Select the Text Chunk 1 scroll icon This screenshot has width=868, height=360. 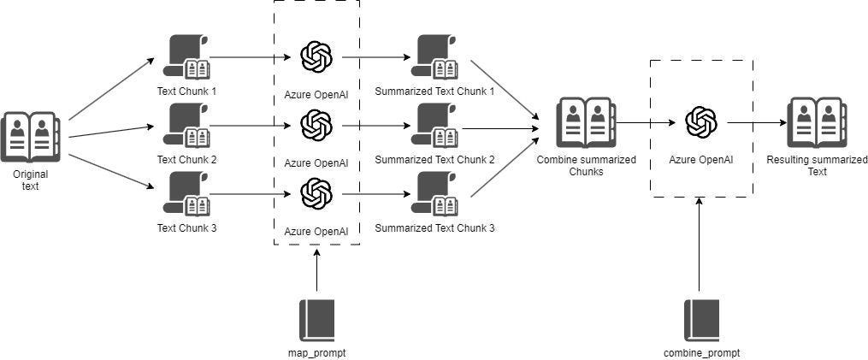tap(186, 58)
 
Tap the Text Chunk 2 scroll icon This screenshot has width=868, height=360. tap(186, 127)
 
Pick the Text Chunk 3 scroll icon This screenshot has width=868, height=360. tap(186, 194)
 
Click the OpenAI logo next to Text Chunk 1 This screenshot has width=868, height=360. tap(316, 57)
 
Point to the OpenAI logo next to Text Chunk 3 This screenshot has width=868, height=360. tap(316, 192)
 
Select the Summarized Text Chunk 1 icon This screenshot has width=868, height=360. tap(434, 58)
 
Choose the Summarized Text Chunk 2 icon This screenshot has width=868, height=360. tap(434, 127)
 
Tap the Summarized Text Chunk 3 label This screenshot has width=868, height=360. tap(434, 228)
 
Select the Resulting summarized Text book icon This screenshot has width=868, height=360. tap(816, 123)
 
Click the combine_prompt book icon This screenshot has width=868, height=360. tap(700, 320)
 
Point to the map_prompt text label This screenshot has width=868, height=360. tap(316, 351)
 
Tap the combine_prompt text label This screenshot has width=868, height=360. tap(701, 352)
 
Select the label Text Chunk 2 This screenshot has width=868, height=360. tap(187, 160)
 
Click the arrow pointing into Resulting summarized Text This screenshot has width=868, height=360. tap(757, 123)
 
